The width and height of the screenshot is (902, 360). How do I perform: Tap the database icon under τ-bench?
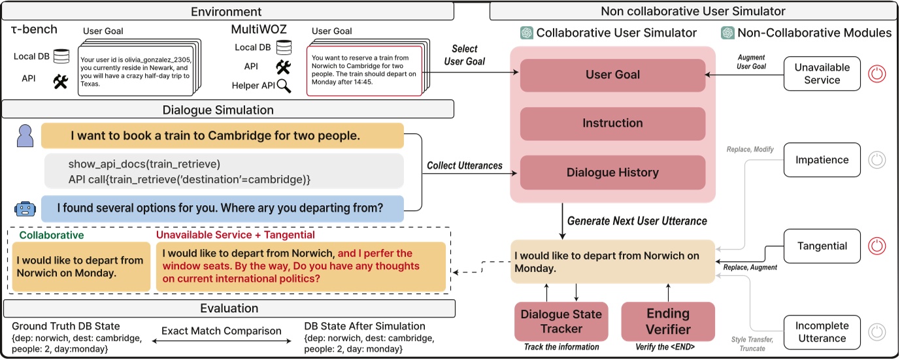[x=61, y=57]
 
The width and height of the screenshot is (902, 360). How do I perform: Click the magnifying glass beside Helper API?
[x=284, y=86]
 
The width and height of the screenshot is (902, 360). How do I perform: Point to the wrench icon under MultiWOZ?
[x=283, y=66]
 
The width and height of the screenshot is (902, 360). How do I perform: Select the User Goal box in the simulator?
[x=612, y=75]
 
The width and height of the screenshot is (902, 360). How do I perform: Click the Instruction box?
[x=612, y=123]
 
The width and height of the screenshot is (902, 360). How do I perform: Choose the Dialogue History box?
[x=612, y=172]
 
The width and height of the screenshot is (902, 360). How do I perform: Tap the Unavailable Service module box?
[x=822, y=74]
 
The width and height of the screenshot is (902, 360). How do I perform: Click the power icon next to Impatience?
[x=877, y=159]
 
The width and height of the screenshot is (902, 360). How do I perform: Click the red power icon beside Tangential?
[x=877, y=246]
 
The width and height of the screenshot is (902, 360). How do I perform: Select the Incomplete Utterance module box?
[x=822, y=332]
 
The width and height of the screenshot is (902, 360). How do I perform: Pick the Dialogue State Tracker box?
[x=561, y=321]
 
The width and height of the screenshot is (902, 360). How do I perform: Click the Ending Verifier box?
[x=667, y=321]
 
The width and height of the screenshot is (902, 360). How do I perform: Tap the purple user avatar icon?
[x=25, y=137]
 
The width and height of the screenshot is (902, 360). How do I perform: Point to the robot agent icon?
[x=25, y=208]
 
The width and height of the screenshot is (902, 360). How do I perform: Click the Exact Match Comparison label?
[x=222, y=331]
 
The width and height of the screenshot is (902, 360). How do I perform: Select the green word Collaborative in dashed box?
[x=51, y=235]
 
